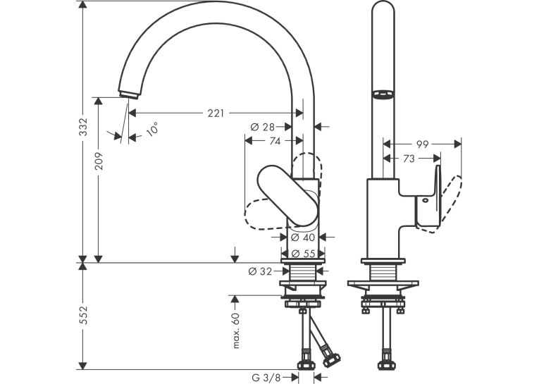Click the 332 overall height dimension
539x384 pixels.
coord(84,127)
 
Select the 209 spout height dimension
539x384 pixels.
coord(99,161)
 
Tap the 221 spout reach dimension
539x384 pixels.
coord(216,113)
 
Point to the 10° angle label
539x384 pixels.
coord(152,128)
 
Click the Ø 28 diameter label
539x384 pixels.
coord(263,128)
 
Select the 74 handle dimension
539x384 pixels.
coord(275,141)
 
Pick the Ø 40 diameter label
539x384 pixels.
coord(303,237)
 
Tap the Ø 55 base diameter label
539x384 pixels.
coord(303,254)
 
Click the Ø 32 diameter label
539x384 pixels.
coord(260,271)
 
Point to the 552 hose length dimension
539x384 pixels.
coord(84,315)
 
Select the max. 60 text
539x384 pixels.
coord(236,330)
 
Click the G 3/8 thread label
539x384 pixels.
coord(266,378)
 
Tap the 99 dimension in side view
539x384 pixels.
coord(423,144)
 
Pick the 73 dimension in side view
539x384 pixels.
coord(409,159)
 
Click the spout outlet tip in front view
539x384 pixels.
coord(129,94)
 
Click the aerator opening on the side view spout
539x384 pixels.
coord(383,94)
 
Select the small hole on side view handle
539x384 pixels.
coord(426,200)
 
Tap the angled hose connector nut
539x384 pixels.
coord(330,359)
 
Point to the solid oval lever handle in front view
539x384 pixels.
coord(288,195)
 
